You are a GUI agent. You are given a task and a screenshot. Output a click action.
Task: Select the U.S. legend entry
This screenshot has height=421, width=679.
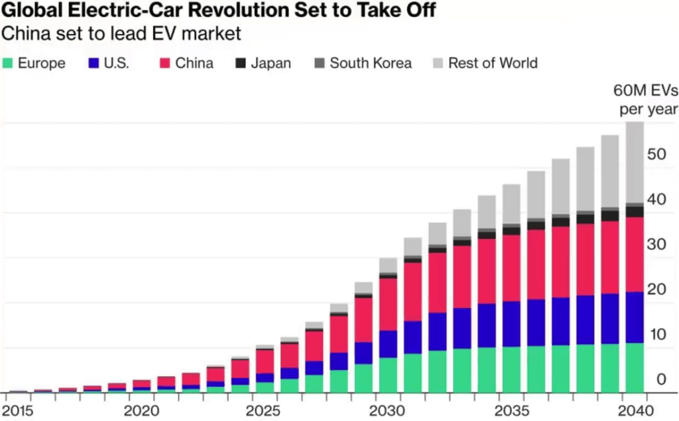click(x=115, y=64)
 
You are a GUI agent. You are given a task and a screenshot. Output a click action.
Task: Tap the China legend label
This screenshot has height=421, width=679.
click(x=194, y=64)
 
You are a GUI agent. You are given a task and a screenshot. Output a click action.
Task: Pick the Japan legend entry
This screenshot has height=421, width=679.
click(x=271, y=64)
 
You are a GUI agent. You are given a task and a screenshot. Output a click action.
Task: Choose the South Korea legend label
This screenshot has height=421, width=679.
click(x=370, y=64)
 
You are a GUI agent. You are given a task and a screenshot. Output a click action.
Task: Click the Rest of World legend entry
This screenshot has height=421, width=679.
click(x=493, y=64)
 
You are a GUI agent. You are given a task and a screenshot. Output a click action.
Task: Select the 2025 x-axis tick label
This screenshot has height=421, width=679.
click(x=265, y=410)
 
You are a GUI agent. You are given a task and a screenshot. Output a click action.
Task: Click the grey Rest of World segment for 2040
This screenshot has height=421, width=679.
click(x=635, y=163)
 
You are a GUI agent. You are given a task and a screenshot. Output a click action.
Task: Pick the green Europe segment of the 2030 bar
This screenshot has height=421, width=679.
click(x=388, y=375)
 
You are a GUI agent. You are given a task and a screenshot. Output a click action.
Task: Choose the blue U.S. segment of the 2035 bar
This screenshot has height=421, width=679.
click(x=511, y=323)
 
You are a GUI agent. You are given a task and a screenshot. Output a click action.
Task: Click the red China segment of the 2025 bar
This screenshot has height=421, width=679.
click(x=265, y=361)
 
